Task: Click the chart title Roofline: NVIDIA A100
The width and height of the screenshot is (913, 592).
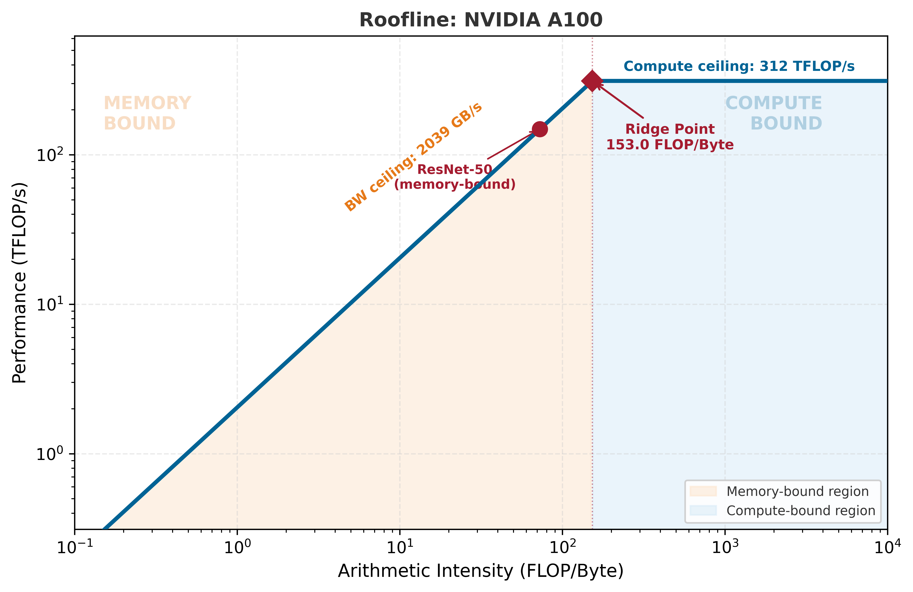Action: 481,20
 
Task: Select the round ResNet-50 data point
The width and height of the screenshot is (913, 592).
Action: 540,129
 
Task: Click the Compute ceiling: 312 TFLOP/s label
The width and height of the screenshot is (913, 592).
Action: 739,66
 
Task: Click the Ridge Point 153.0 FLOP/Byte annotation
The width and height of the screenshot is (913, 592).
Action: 670,137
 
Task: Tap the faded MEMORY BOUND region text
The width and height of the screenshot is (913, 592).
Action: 147,113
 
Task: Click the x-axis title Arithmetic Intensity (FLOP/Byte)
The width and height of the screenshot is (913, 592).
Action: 481,571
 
